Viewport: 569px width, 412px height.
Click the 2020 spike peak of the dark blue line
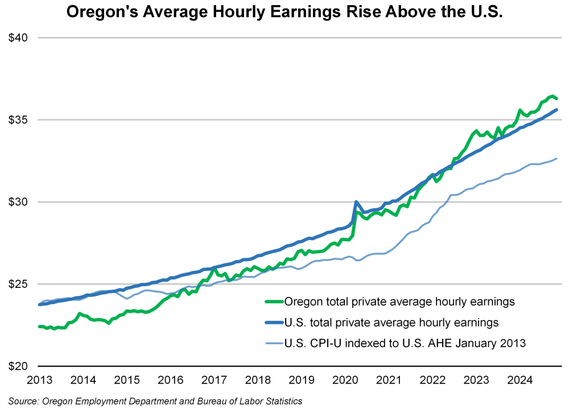(x=356, y=201)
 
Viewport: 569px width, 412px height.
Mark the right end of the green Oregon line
(x=556, y=98)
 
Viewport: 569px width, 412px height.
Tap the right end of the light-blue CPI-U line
(x=556, y=158)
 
